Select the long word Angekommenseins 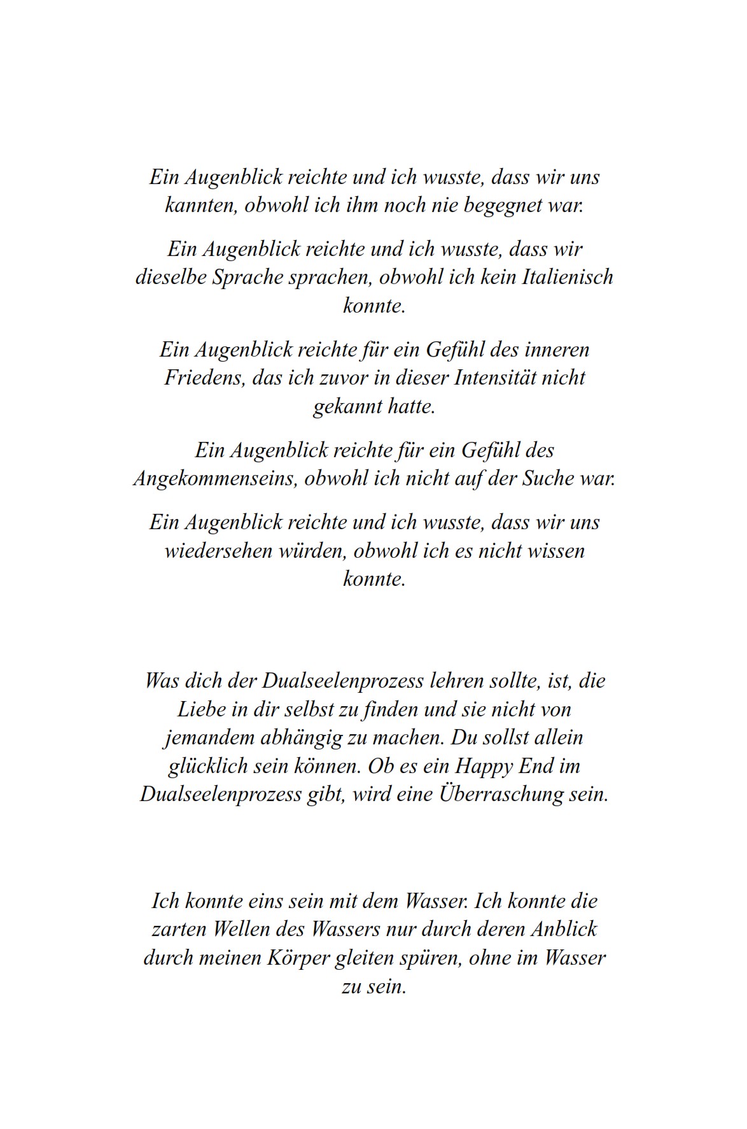(x=216, y=478)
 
